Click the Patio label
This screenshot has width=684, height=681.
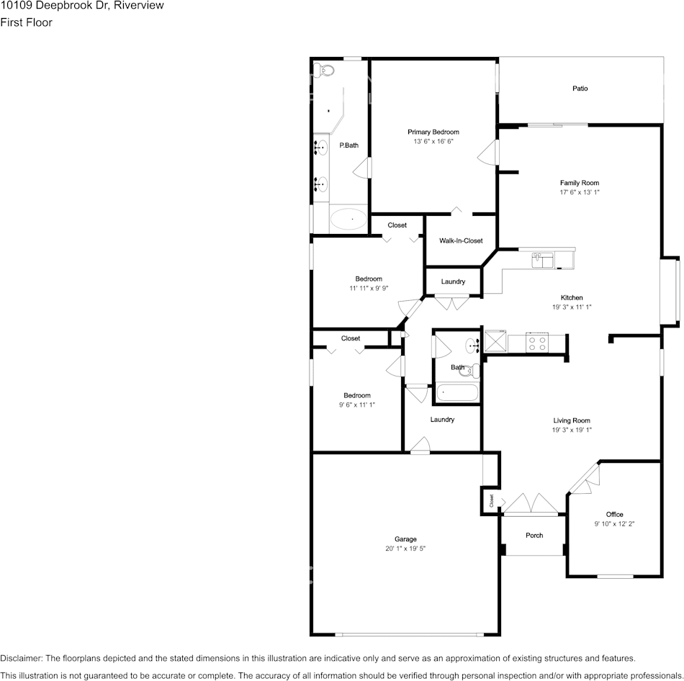580,89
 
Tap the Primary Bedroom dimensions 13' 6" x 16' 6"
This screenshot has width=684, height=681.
433,142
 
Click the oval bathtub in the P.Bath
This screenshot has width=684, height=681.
348,218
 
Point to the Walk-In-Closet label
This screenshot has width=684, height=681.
461,241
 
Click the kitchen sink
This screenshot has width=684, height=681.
542,258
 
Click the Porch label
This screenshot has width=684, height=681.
534,536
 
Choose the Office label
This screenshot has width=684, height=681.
614,514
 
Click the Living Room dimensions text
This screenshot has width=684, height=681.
572,430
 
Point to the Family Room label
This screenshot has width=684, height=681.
579,183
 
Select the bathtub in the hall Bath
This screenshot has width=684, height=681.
456,393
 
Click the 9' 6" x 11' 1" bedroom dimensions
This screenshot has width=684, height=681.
357,405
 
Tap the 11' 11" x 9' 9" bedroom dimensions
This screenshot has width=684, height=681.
369,288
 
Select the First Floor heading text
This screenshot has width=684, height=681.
27,22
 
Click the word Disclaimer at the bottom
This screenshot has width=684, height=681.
21,658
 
